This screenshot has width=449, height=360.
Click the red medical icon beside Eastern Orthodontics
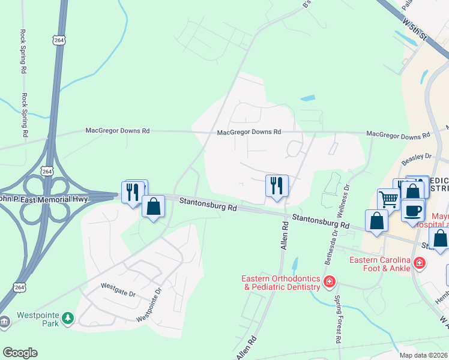[x=328, y=281]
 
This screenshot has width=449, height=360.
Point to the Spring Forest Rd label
[x=338, y=319]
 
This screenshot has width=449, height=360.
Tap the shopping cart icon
[x=388, y=199]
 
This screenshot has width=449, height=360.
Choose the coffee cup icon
[x=412, y=211]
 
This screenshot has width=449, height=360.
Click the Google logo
[x=20, y=353]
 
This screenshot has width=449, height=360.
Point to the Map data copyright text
[x=423, y=355]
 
